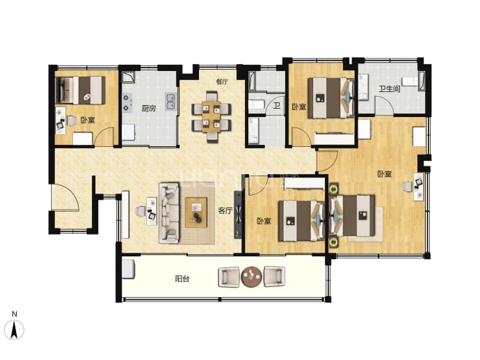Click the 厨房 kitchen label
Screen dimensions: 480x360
coord(148,108)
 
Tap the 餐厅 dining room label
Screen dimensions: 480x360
coord(222,81)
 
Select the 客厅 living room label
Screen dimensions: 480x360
coord(225,210)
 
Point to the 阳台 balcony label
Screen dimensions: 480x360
coord(182,279)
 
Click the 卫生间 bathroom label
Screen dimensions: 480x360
coord(390,89)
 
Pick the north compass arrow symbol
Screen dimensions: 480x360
coord(14,329)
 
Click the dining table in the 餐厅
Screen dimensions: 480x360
coord(211,116)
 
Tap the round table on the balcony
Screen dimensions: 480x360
coord(251,276)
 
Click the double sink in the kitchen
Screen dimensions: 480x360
coord(170,102)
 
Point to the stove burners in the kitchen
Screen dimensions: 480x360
coord(126,103)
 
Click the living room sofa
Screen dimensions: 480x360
coord(168,213)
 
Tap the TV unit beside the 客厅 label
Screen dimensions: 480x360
coord(238,214)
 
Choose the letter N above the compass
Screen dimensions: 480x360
coord(14,314)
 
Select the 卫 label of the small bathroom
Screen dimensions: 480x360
coord(277,106)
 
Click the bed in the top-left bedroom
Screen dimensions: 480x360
coord(81,90)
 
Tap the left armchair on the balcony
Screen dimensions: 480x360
coord(229,277)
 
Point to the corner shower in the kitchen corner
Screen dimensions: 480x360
coord(128,77)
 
